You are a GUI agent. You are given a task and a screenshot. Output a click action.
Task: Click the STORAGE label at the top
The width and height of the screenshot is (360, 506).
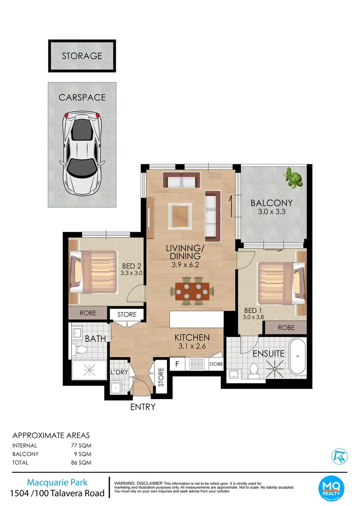pos(82,56)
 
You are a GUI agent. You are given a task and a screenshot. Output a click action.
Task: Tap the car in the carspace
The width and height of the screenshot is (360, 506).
pos(82,152)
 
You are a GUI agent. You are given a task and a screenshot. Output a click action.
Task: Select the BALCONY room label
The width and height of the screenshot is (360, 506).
pos(271,203)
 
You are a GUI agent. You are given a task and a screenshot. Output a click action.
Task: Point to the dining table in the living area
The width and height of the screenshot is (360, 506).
pos(193,291)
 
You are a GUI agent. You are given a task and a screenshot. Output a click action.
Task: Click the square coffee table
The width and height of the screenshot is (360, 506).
pos(180,216)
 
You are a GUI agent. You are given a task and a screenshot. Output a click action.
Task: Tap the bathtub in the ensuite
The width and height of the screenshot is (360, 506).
pos(297,356)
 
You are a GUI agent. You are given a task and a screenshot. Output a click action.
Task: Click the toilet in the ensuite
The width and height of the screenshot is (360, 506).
pos(254,371)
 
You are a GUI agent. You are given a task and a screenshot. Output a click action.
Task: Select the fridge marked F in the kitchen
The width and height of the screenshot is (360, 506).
pos(177,364)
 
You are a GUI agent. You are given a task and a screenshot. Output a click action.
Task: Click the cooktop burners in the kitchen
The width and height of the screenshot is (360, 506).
pos(197,364)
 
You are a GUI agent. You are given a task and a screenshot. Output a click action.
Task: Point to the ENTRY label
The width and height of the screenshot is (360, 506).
pos(142,407)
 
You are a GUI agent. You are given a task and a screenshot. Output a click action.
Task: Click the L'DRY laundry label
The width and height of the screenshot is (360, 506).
pos(120,372)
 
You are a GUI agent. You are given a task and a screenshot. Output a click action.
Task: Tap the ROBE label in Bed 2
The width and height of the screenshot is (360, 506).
pos(88,313)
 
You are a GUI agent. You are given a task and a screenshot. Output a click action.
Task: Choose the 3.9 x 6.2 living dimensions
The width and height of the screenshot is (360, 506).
pos(185,265)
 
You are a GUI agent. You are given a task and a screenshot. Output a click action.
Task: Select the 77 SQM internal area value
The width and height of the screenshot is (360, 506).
pos(81,446)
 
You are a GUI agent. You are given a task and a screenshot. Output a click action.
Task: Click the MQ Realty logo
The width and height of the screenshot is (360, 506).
pos(331,489)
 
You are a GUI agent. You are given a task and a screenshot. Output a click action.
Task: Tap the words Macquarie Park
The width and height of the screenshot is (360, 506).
pos(57,483)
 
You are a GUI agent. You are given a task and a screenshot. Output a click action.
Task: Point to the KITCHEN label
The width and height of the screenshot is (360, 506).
pos(192,337)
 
